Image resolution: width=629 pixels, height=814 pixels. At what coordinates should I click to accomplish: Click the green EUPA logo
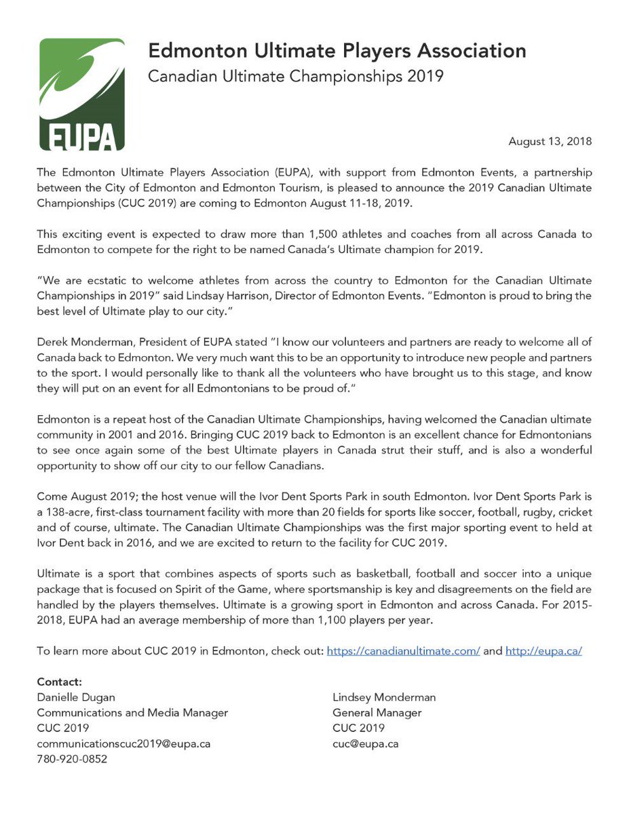[82, 94]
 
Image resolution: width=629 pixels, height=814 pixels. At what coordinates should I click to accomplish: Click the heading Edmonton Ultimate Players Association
[337, 51]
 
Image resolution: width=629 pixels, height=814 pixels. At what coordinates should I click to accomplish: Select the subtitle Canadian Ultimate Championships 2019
[296, 75]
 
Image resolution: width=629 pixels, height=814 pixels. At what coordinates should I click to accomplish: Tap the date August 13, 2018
[550, 141]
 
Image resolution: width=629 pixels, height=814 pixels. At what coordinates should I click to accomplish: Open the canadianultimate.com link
[403, 651]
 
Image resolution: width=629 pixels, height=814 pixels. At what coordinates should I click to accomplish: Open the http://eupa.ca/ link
[544, 651]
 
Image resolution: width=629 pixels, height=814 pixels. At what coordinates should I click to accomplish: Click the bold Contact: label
[59, 681]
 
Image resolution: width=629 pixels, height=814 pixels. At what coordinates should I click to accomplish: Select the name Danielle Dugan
[75, 697]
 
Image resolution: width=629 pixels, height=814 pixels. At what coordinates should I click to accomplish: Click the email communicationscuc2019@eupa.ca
[123, 743]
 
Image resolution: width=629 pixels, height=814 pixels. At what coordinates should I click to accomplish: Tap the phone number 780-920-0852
[72, 759]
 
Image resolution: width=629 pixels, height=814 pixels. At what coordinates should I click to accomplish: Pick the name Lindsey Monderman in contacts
[384, 697]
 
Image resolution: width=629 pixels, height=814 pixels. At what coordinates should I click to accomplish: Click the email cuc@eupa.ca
[365, 743]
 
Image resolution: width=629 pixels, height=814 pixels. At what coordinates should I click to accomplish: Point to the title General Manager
[377, 712]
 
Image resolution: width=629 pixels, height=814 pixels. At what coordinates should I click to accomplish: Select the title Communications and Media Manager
[132, 712]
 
